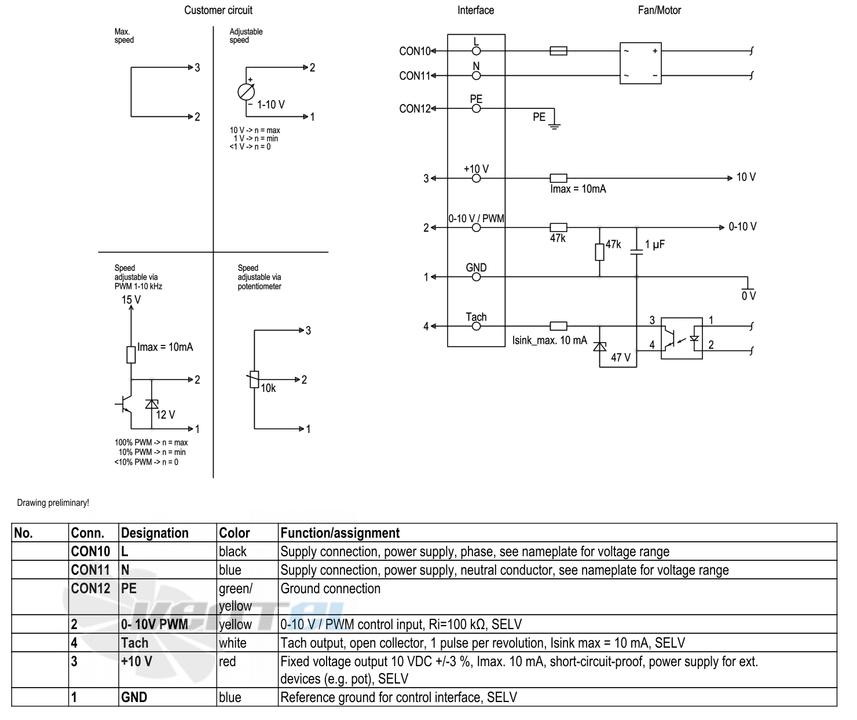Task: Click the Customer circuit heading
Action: click(x=218, y=10)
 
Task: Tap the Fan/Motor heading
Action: click(x=659, y=10)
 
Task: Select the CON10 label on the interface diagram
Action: click(x=415, y=52)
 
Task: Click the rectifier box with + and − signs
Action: click(x=640, y=63)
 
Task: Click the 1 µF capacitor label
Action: click(x=655, y=244)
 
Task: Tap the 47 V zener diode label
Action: click(x=621, y=357)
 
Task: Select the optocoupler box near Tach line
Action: click(x=682, y=339)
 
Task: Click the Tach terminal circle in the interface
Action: click(x=476, y=326)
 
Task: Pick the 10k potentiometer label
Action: click(x=269, y=388)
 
